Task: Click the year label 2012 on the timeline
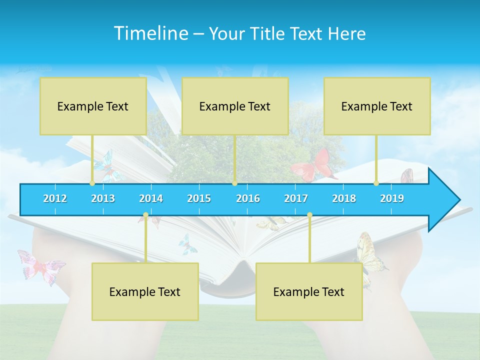coord(55,199)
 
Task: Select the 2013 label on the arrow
coord(103,199)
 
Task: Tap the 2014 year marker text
coord(151,199)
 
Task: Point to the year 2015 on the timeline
coord(199,199)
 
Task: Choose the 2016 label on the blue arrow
coord(248,199)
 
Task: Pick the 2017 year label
coord(296,199)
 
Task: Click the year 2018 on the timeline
coord(344,199)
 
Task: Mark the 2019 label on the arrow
coord(392,199)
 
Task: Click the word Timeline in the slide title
coord(151,33)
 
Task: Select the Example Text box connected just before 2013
coord(93,106)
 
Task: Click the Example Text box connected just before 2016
coord(235,106)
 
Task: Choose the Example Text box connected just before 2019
coord(377,106)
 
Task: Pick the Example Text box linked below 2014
coord(145,291)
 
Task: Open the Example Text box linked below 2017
coord(309,291)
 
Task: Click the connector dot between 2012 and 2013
coord(92,183)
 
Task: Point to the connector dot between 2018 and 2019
coord(376,183)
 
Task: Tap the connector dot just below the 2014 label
coord(145,215)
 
